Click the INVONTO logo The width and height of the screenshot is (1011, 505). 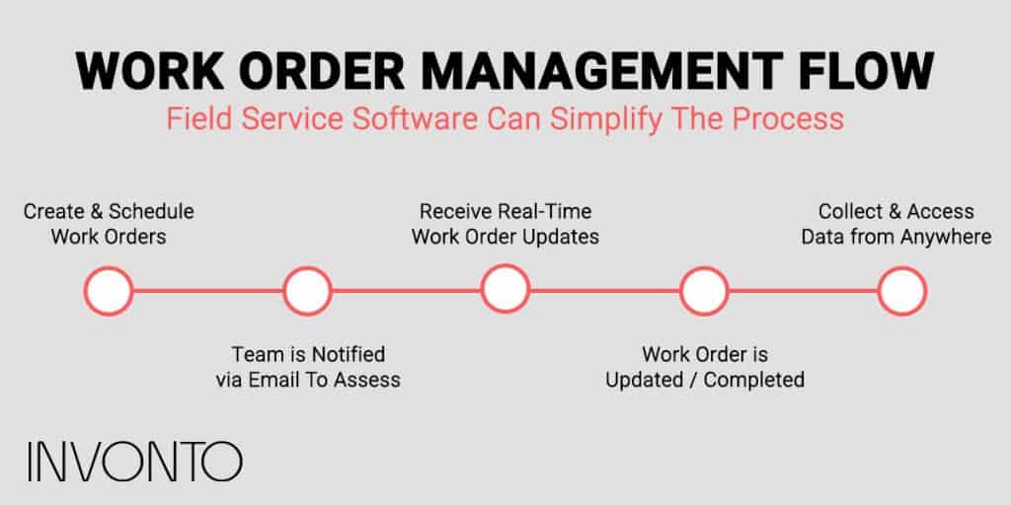click(134, 462)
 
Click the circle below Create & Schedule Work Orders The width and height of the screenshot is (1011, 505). click(109, 290)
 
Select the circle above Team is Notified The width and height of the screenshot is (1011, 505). click(306, 290)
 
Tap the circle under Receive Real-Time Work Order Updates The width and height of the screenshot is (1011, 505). click(505, 290)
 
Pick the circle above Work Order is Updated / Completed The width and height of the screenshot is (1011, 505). click(703, 290)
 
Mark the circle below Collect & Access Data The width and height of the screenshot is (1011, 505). click(901, 290)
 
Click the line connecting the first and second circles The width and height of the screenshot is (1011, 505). click(207, 290)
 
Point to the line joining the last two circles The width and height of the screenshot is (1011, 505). click(802, 290)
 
